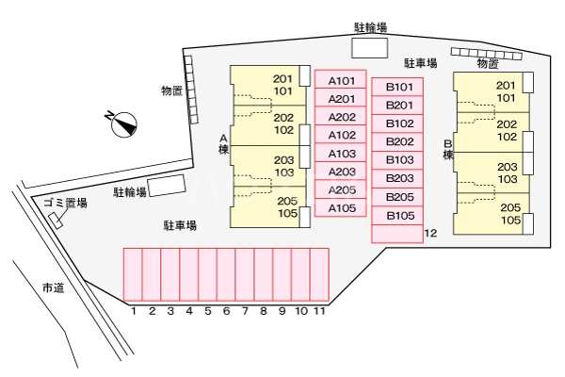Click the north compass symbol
tap(123, 122)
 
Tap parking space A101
tap(341, 81)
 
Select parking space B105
tap(400, 216)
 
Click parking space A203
tap(341, 172)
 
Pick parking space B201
tap(400, 105)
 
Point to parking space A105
tap(341, 208)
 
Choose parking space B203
tap(400, 178)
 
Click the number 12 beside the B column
tap(431, 232)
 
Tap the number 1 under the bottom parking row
tap(134, 310)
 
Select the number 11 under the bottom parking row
tap(319, 310)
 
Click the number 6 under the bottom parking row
tap(226, 310)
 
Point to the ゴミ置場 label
tap(65, 203)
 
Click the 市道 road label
tap(53, 287)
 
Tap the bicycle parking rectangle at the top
tap(369, 48)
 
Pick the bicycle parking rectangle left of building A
tap(168, 186)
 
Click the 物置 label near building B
tap(487, 64)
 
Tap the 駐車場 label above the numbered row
tap(179, 226)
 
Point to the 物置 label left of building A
tap(171, 90)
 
